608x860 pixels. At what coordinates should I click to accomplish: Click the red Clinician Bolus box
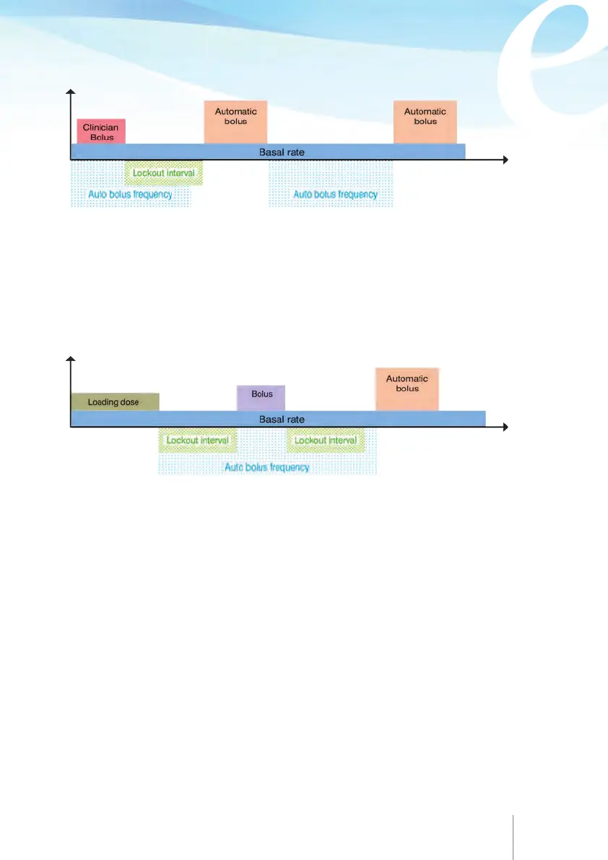click(101, 131)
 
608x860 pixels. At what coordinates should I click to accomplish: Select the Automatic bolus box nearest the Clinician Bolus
click(235, 121)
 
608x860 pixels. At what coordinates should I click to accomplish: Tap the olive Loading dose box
click(114, 401)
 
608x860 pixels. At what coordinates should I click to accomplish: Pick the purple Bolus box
click(261, 398)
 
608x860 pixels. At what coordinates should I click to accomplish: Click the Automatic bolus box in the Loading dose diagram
click(407, 389)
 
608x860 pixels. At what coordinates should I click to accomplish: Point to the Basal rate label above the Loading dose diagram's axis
click(282, 419)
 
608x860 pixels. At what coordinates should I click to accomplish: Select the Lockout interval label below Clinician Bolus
click(164, 173)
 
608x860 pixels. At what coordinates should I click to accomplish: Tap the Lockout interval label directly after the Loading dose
click(197, 440)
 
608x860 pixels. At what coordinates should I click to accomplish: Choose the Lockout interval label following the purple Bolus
click(326, 440)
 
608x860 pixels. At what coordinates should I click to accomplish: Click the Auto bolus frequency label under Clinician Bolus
click(130, 194)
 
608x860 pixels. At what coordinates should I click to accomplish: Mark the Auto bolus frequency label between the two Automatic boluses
click(335, 194)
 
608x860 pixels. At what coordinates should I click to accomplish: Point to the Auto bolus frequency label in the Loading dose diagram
click(267, 467)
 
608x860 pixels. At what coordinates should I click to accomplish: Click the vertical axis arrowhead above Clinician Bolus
click(70, 92)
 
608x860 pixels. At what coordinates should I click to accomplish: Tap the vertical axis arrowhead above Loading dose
click(70, 360)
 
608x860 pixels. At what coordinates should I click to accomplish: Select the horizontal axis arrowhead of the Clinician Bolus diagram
click(507, 160)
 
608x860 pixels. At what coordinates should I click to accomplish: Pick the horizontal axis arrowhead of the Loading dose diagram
click(507, 427)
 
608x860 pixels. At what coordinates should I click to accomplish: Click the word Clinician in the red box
click(100, 128)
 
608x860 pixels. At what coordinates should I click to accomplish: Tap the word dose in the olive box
click(130, 402)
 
